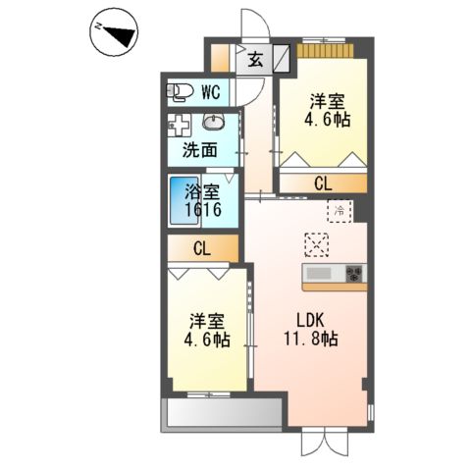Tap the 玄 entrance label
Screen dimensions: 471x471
[x=255, y=59]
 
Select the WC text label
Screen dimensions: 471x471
[x=210, y=93]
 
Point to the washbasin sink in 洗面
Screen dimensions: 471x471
[x=214, y=124]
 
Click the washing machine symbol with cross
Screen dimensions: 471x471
[x=179, y=126]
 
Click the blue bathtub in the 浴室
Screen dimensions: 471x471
[x=182, y=201]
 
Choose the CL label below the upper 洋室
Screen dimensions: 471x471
[x=322, y=183]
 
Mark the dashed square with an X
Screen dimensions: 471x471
[x=317, y=242]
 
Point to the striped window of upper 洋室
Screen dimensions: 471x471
[x=325, y=50]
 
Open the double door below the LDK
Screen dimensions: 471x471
[x=325, y=441]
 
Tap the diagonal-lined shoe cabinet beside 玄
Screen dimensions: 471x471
[x=281, y=58]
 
